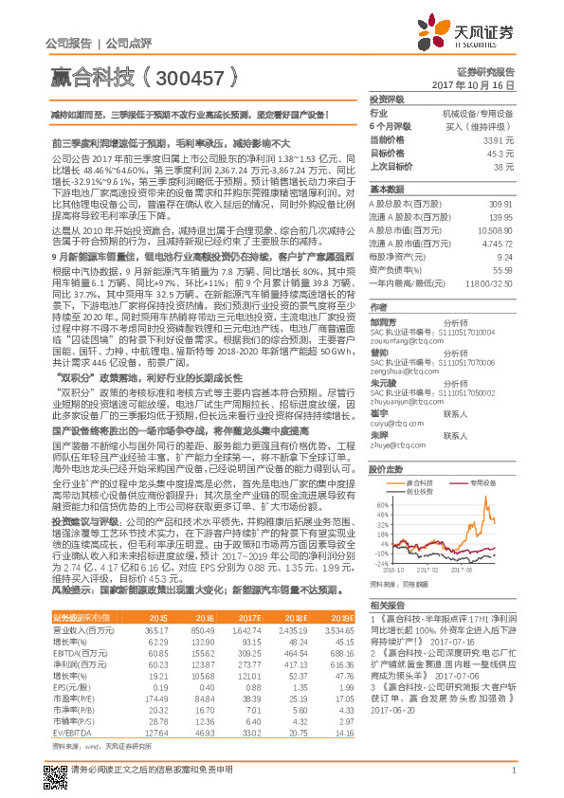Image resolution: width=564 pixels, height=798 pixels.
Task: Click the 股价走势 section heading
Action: [x=388, y=468]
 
